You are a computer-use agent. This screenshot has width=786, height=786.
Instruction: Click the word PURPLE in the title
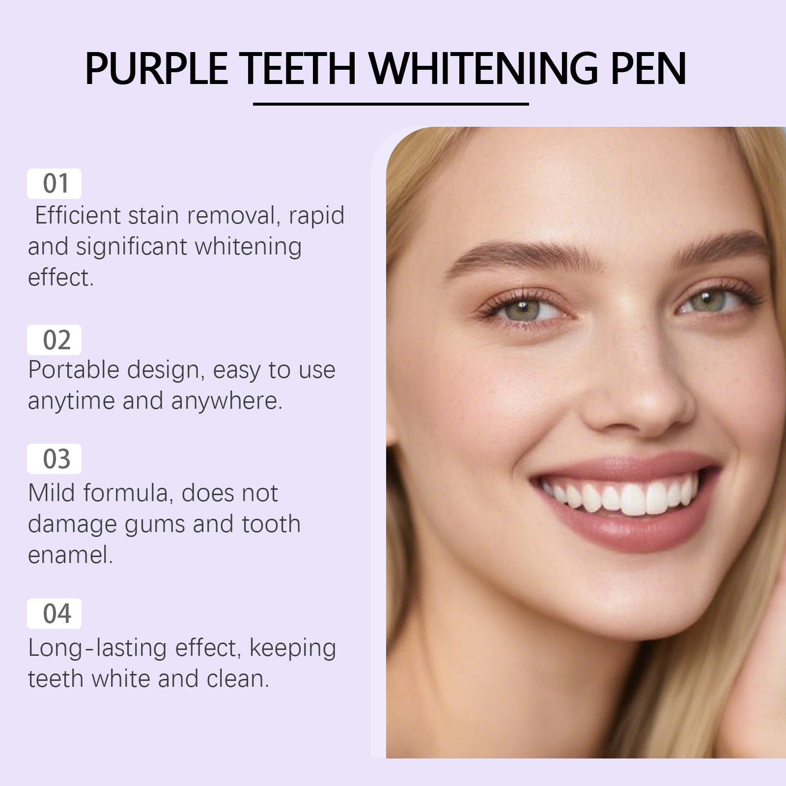pyautogui.click(x=156, y=68)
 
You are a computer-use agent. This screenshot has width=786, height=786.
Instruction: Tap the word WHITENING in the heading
pyautogui.click(x=484, y=68)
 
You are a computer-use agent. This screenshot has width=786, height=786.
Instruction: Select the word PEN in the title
pyautogui.click(x=648, y=68)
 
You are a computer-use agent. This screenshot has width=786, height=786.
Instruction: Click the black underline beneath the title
pyautogui.click(x=391, y=104)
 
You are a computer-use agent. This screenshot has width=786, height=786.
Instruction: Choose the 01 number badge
pyautogui.click(x=54, y=184)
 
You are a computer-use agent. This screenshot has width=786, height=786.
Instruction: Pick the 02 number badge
pyautogui.click(x=54, y=340)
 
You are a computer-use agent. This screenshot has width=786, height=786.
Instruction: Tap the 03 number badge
pyautogui.click(x=54, y=459)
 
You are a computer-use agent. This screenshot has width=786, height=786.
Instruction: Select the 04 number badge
pyautogui.click(x=54, y=614)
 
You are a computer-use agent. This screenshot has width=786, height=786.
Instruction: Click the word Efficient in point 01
pyautogui.click(x=78, y=215)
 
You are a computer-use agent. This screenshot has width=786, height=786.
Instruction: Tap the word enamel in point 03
pyautogui.click(x=70, y=555)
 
